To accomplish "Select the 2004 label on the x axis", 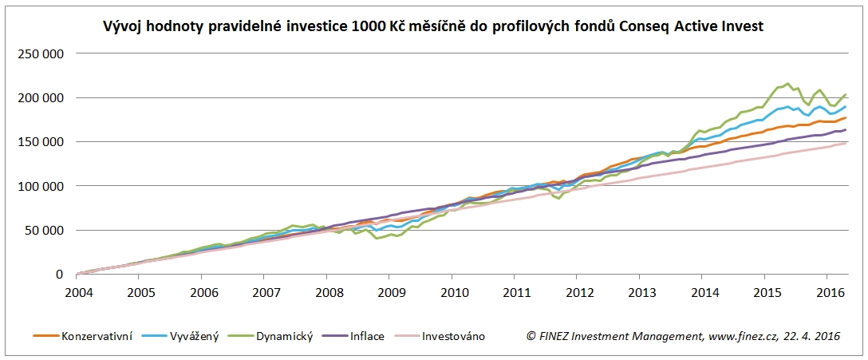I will tap(77, 291).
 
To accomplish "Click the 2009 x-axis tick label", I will tap(389, 291).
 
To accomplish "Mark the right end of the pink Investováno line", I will tap(846, 143).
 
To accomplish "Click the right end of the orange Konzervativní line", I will tap(846, 118).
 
